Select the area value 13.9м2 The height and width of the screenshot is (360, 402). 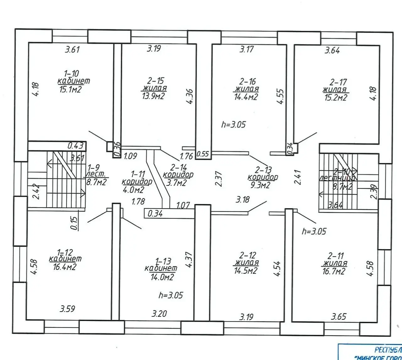coord(153,96)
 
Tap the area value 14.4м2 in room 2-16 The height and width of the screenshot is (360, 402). coord(246,97)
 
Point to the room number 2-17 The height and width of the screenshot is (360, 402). coord(339,82)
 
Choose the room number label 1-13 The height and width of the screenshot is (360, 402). coord(163,261)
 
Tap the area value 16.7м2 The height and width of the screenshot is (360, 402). coord(334,271)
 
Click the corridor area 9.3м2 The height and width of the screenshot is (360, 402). coord(260,185)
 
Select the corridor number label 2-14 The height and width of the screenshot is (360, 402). coord(178,167)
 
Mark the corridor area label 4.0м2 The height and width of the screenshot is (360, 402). coord(133,190)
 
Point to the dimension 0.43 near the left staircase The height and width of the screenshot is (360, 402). coord(75,146)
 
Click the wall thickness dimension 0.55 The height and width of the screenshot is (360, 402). coord(203,154)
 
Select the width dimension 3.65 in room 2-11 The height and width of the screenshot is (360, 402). coord(339,316)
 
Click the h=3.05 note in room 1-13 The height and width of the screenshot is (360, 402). coord(171,295)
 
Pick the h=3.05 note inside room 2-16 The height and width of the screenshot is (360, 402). coord(233,125)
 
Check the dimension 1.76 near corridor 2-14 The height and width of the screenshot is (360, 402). coord(186,156)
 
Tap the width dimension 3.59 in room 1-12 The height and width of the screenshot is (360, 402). coord(68,309)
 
